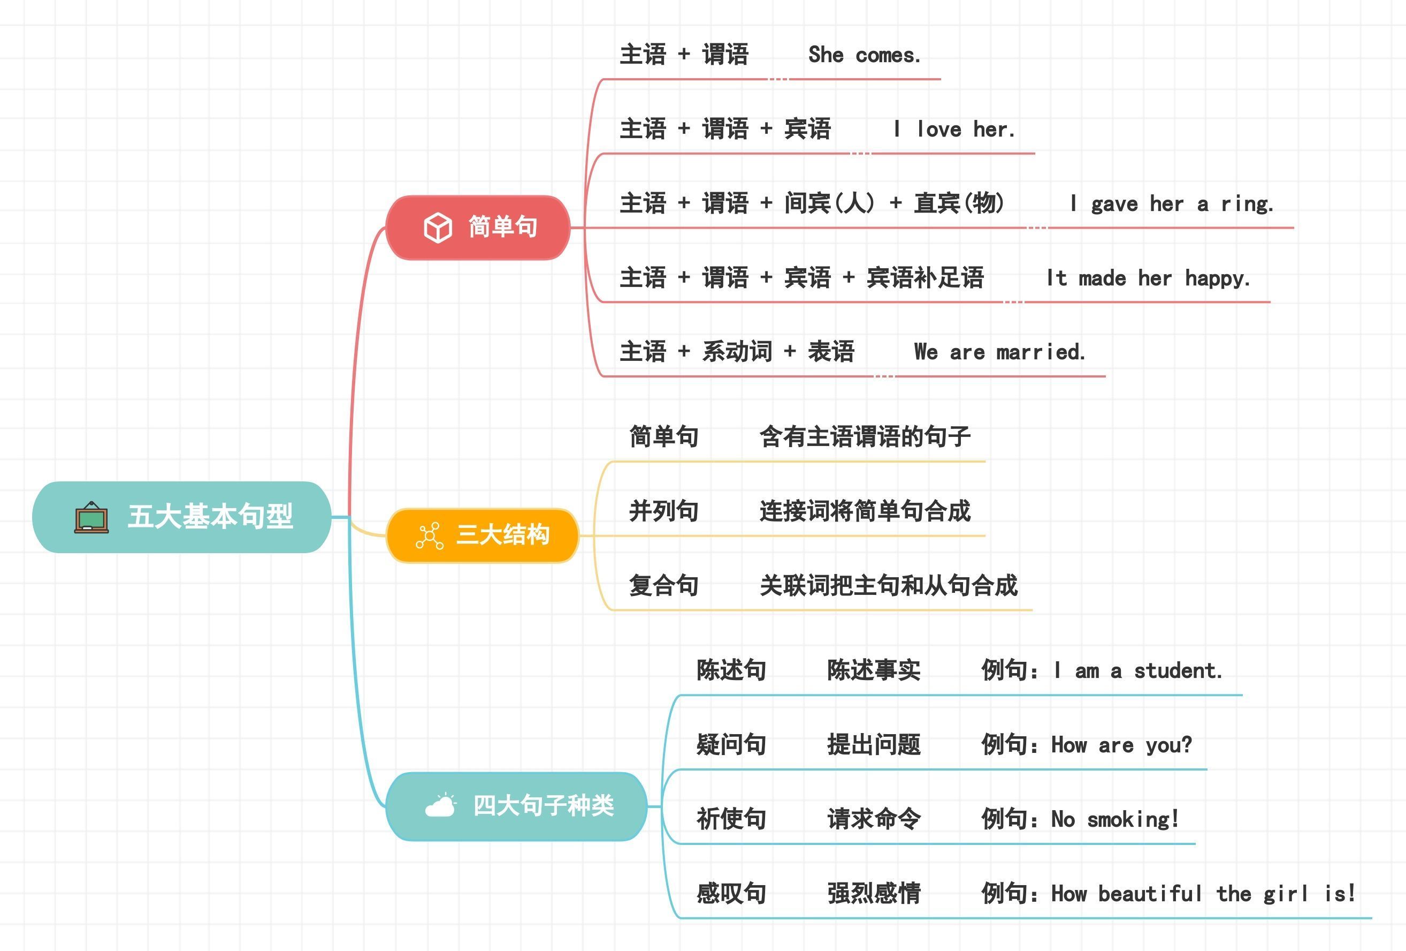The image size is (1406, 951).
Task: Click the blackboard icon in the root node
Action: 91,518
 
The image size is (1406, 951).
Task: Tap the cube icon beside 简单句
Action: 438,228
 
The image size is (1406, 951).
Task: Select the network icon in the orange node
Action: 430,535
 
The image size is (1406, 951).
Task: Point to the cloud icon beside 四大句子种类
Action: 440,805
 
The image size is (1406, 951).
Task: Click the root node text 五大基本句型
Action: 211,516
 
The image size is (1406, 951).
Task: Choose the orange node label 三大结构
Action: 503,535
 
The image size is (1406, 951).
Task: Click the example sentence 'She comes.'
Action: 865,55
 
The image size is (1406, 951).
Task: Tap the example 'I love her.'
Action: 954,130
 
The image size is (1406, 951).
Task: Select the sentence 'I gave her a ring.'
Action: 1172,204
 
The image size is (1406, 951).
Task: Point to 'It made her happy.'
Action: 1148,278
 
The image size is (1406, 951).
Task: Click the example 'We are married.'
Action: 999,352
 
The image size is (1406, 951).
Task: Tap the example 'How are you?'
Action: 1122,745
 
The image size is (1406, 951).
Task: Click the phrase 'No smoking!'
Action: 1115,819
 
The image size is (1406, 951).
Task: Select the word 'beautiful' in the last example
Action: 1150,894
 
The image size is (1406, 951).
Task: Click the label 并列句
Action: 663,511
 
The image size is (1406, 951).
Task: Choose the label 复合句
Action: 663,585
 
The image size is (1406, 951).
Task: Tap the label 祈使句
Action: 731,818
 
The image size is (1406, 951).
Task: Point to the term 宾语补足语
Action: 925,278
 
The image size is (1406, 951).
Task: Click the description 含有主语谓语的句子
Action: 865,436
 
